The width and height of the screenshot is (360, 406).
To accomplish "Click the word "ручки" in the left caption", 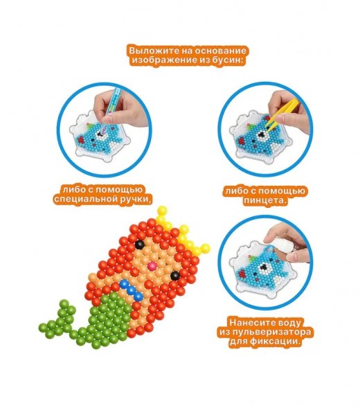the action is tap(135, 200).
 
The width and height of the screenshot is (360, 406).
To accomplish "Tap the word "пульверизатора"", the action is tap(272, 332).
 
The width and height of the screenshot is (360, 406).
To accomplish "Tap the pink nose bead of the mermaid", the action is tap(152, 265).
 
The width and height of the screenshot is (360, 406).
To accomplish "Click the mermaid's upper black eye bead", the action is tap(140, 244).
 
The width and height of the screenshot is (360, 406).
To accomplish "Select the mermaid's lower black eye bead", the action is tap(175, 276).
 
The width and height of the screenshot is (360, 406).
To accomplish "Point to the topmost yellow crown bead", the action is tap(162, 211).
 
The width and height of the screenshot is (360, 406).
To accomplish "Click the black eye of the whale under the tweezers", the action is tap(262, 135).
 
